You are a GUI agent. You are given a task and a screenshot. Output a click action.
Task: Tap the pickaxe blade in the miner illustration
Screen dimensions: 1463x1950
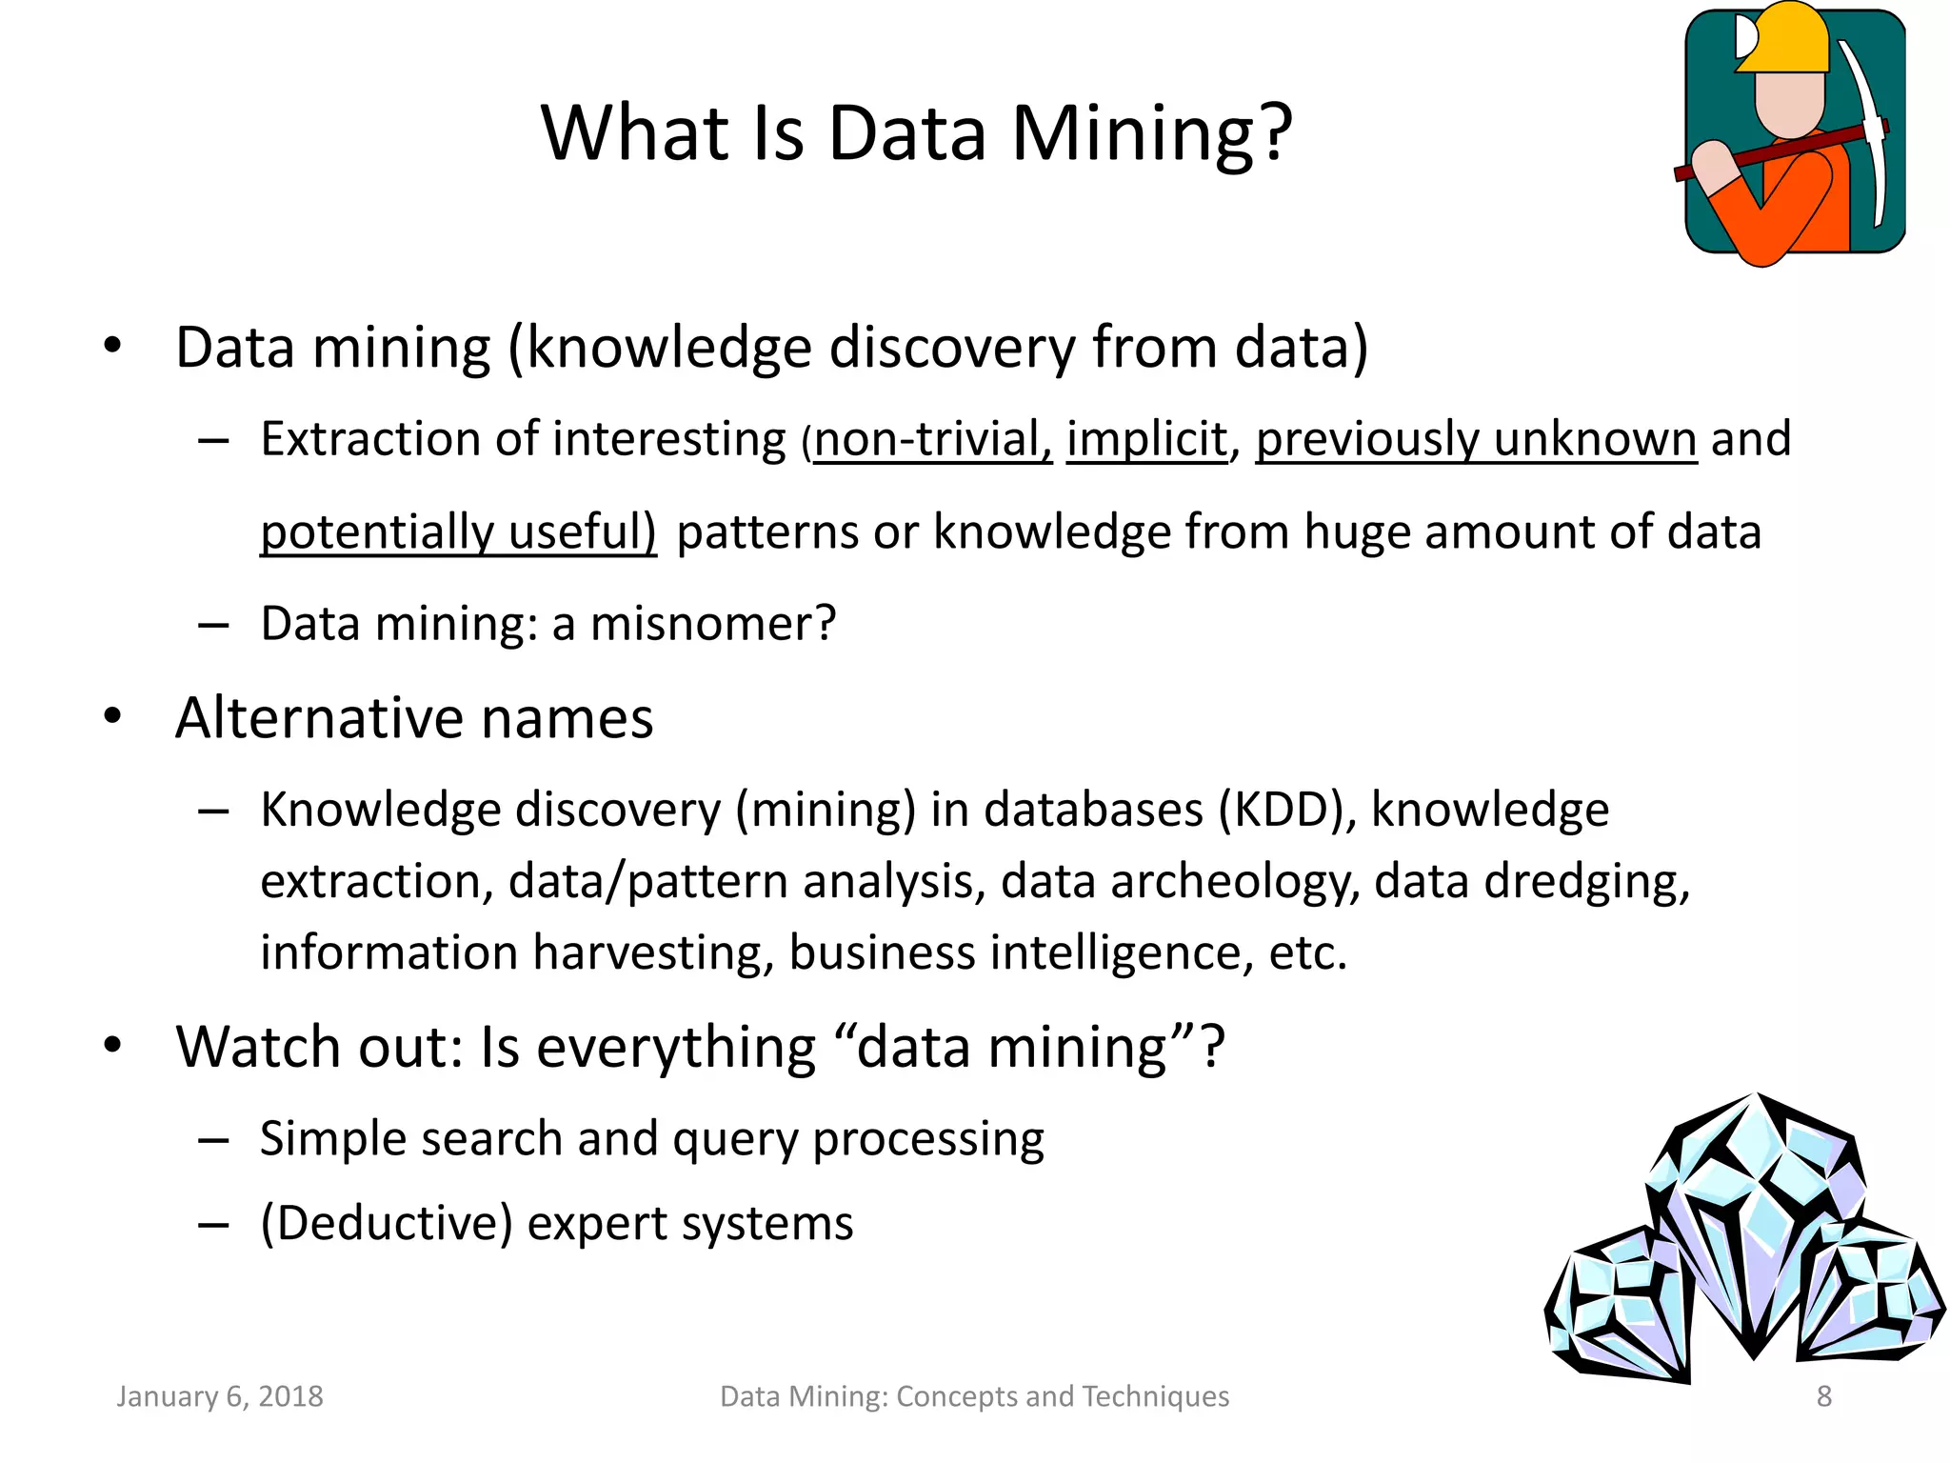tap(1868, 114)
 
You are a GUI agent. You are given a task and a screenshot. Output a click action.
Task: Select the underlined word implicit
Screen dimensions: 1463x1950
tap(1146, 440)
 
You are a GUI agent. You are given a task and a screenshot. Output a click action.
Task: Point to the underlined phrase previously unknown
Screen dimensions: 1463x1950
tap(1476, 440)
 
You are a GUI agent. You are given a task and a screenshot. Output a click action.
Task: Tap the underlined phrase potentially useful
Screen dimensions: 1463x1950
tap(458, 531)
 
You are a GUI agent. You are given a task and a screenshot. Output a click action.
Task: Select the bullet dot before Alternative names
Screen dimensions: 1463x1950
tap(113, 716)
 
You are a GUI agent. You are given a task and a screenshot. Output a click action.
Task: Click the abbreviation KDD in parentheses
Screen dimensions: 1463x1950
tap(1281, 810)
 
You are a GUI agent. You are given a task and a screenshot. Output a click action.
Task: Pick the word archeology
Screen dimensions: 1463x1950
tap(1235, 881)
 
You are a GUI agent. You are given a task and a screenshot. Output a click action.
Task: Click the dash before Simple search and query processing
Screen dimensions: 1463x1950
tap(213, 1139)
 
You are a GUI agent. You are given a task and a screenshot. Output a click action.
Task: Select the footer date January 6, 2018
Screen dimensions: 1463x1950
tap(220, 1396)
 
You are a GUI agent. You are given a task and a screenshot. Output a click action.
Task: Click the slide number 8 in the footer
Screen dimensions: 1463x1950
tap(1824, 1396)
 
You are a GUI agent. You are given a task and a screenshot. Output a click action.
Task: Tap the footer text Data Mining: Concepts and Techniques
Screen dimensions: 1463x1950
tap(974, 1396)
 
